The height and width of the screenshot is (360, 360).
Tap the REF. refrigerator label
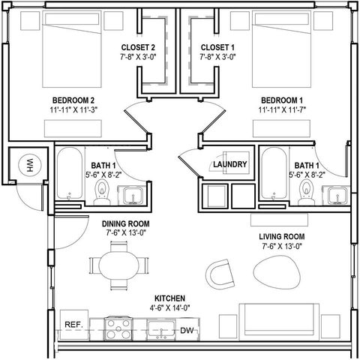click(x=73, y=325)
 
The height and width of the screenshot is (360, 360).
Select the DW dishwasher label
click(x=187, y=331)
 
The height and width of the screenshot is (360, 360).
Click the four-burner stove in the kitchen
click(x=118, y=328)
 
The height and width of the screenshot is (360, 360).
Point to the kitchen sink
click(x=161, y=329)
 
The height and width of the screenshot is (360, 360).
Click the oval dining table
click(x=119, y=265)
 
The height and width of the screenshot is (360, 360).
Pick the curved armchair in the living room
click(x=220, y=274)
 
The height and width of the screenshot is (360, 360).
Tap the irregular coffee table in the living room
click(x=277, y=271)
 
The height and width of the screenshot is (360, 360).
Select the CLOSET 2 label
click(x=138, y=47)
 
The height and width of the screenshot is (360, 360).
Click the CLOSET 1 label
click(x=217, y=47)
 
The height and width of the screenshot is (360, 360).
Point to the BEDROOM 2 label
click(x=73, y=100)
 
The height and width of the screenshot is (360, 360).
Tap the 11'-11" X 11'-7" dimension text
click(x=282, y=109)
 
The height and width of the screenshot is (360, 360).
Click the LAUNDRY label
click(x=230, y=164)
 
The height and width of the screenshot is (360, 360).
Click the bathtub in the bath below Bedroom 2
click(x=70, y=173)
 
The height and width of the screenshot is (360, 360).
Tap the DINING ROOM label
click(x=126, y=223)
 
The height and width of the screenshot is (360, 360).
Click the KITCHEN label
click(x=169, y=298)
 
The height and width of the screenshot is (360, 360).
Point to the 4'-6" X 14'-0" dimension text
click(x=169, y=308)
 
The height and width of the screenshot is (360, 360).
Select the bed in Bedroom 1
click(x=282, y=49)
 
